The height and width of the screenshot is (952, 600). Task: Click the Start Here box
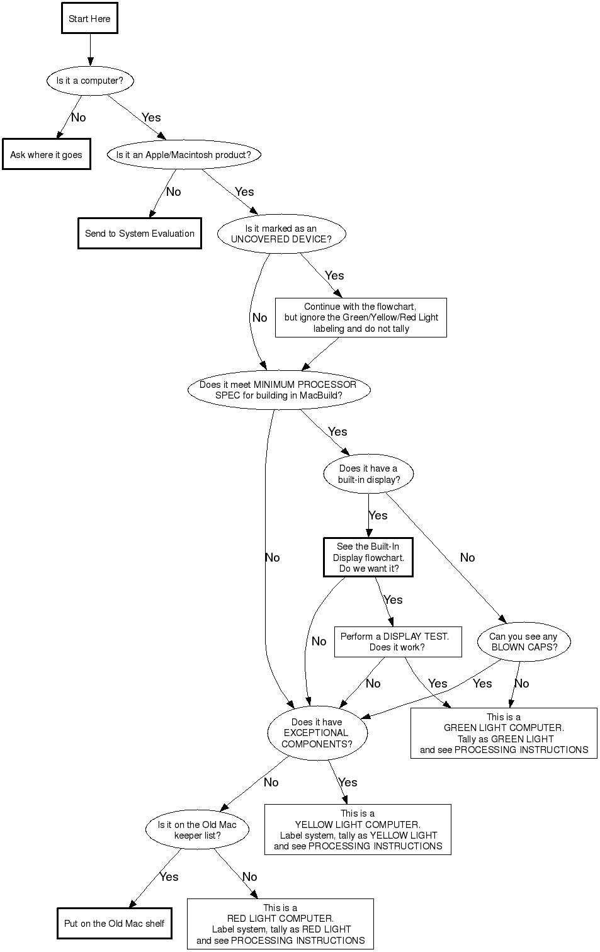pos(89,19)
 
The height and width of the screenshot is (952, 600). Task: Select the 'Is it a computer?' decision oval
pos(89,81)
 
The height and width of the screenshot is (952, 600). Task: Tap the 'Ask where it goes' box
pos(46,155)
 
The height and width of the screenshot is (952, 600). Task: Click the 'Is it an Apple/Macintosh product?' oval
pos(183,155)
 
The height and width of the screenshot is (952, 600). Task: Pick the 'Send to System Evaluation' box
pos(140,234)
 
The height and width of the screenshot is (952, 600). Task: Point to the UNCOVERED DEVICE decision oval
pos(281,234)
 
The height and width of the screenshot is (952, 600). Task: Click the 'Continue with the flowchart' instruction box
pos(361,318)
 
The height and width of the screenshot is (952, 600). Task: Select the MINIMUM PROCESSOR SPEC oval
pos(278,390)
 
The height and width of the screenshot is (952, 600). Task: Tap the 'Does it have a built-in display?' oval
pos(368,474)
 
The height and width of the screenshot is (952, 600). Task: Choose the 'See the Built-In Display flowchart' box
pos(368,557)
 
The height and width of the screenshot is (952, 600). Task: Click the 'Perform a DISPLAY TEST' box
pos(397,642)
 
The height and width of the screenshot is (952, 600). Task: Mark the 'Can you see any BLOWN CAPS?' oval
pos(524,642)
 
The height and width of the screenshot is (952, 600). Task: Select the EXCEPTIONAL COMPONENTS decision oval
pos(317,733)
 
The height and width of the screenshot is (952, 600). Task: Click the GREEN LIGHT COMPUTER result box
pos(504,734)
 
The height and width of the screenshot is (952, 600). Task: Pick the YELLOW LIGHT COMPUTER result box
pos(358,830)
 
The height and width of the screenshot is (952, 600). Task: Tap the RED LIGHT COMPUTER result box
pos(280,924)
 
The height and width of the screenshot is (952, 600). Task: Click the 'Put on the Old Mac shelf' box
pos(114,924)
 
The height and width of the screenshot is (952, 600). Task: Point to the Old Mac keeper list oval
pos(197,830)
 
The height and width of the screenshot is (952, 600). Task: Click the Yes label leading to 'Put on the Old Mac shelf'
pos(169,877)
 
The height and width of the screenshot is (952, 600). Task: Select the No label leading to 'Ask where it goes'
pos(78,118)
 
